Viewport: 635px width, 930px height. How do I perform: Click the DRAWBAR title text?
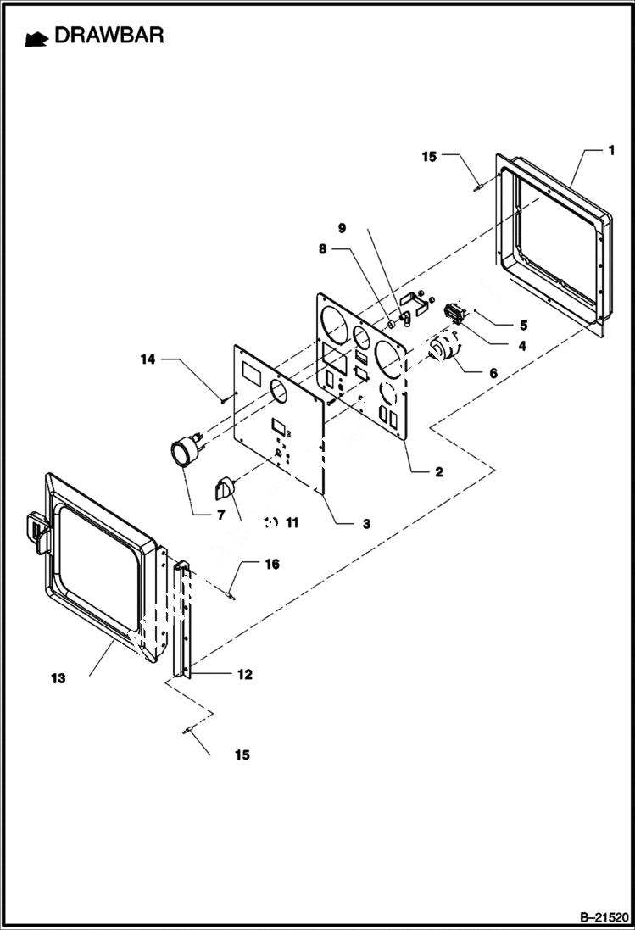point(109,36)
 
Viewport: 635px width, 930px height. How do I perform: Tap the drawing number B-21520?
point(604,917)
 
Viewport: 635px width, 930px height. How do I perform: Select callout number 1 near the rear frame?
point(610,150)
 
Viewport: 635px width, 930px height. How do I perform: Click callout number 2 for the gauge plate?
point(438,472)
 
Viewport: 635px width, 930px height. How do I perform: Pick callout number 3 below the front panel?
point(365,524)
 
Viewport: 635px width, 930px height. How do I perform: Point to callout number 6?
point(493,372)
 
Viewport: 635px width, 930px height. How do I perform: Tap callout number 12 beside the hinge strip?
point(244,675)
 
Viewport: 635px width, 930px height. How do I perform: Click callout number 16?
point(273,564)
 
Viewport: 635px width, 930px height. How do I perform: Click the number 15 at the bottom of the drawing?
point(242,755)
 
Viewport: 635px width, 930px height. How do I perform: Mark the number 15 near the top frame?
point(430,156)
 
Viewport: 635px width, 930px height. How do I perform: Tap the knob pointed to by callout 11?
point(226,488)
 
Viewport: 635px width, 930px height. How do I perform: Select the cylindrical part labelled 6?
point(443,348)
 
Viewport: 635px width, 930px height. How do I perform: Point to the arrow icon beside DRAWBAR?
point(36,38)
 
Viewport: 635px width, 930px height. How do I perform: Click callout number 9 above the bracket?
point(342,228)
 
